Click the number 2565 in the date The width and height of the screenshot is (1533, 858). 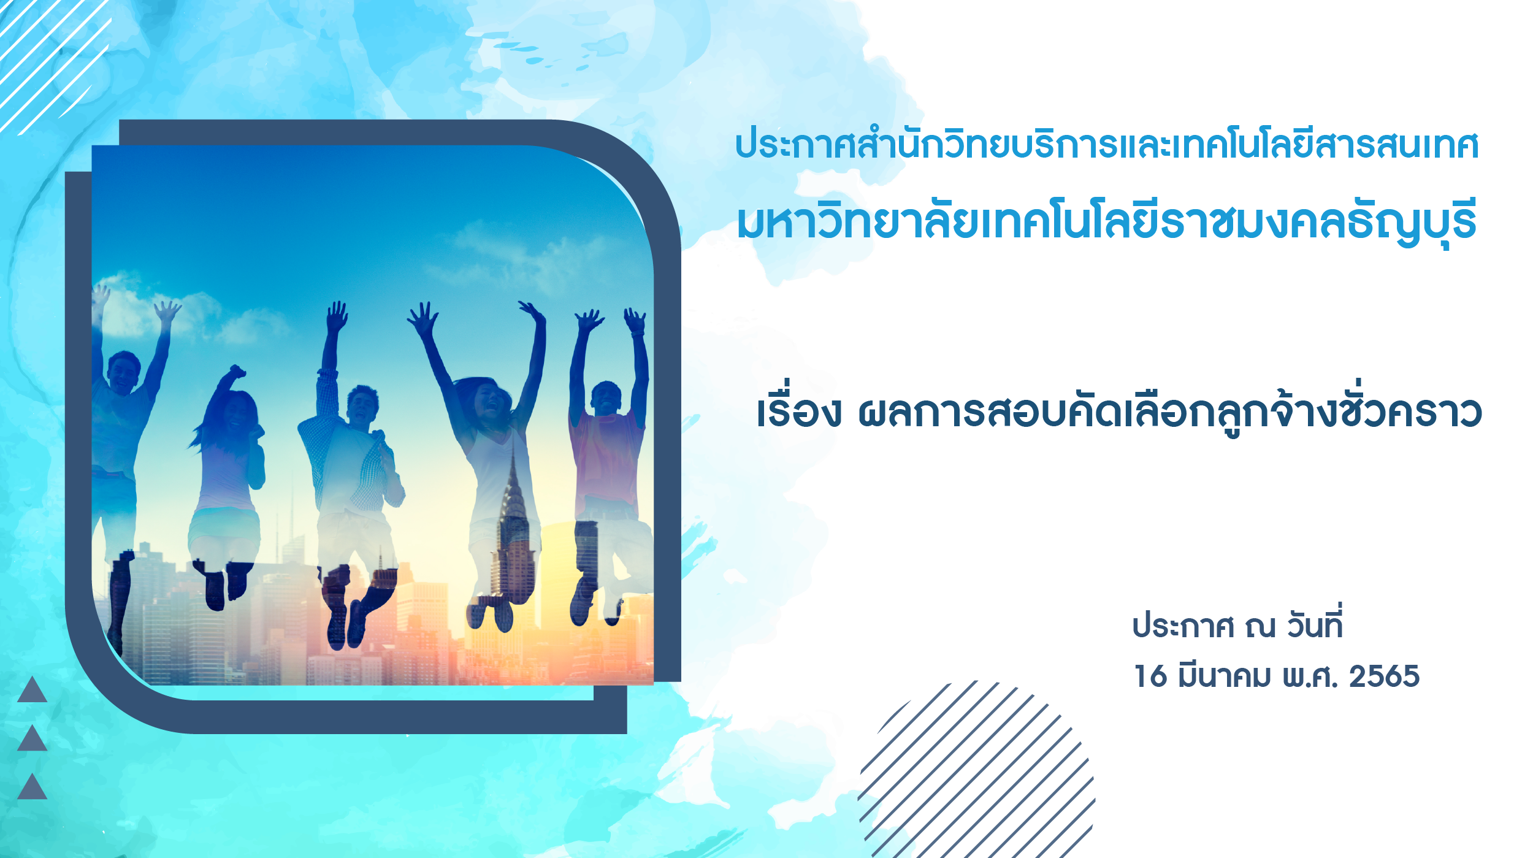[1384, 676]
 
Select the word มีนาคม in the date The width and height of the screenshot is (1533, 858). [1224, 676]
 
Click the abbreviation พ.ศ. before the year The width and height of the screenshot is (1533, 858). [1310, 676]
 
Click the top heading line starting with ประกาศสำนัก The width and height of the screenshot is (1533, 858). [1107, 145]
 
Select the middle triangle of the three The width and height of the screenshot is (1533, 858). [32, 740]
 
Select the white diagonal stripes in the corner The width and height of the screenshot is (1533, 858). [52, 64]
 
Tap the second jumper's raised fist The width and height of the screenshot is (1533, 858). [236, 372]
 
